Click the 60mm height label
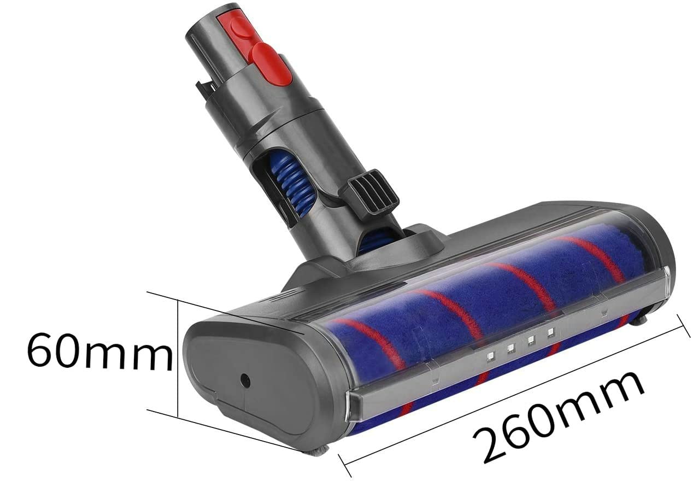click(x=99, y=351)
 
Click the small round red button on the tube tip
click(x=240, y=27)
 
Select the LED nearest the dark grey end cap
click(x=490, y=356)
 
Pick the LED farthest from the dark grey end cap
click(x=550, y=332)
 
